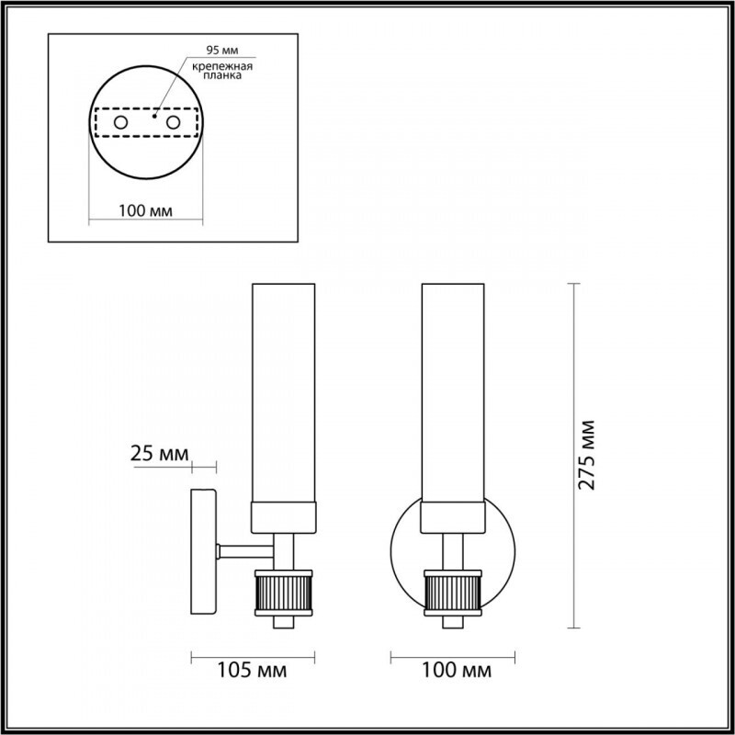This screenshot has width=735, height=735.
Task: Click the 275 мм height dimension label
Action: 588,456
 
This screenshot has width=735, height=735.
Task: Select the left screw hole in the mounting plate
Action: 120,122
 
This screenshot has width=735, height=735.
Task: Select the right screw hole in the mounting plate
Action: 172,122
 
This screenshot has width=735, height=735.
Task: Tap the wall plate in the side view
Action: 203,551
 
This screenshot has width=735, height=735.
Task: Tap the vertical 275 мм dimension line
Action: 576,367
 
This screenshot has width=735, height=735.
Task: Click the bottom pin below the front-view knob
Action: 453,622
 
